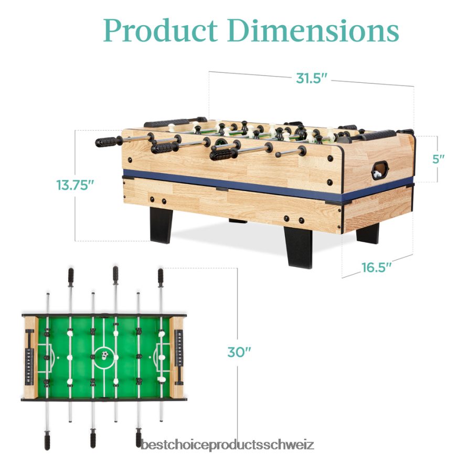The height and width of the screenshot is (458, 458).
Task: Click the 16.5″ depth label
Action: (377, 268)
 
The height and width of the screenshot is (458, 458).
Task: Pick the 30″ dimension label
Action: (239, 353)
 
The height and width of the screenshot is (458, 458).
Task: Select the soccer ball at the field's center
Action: (104, 355)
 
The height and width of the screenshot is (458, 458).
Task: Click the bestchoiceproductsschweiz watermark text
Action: (227, 445)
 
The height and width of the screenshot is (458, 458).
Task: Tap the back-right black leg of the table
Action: (368, 233)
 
